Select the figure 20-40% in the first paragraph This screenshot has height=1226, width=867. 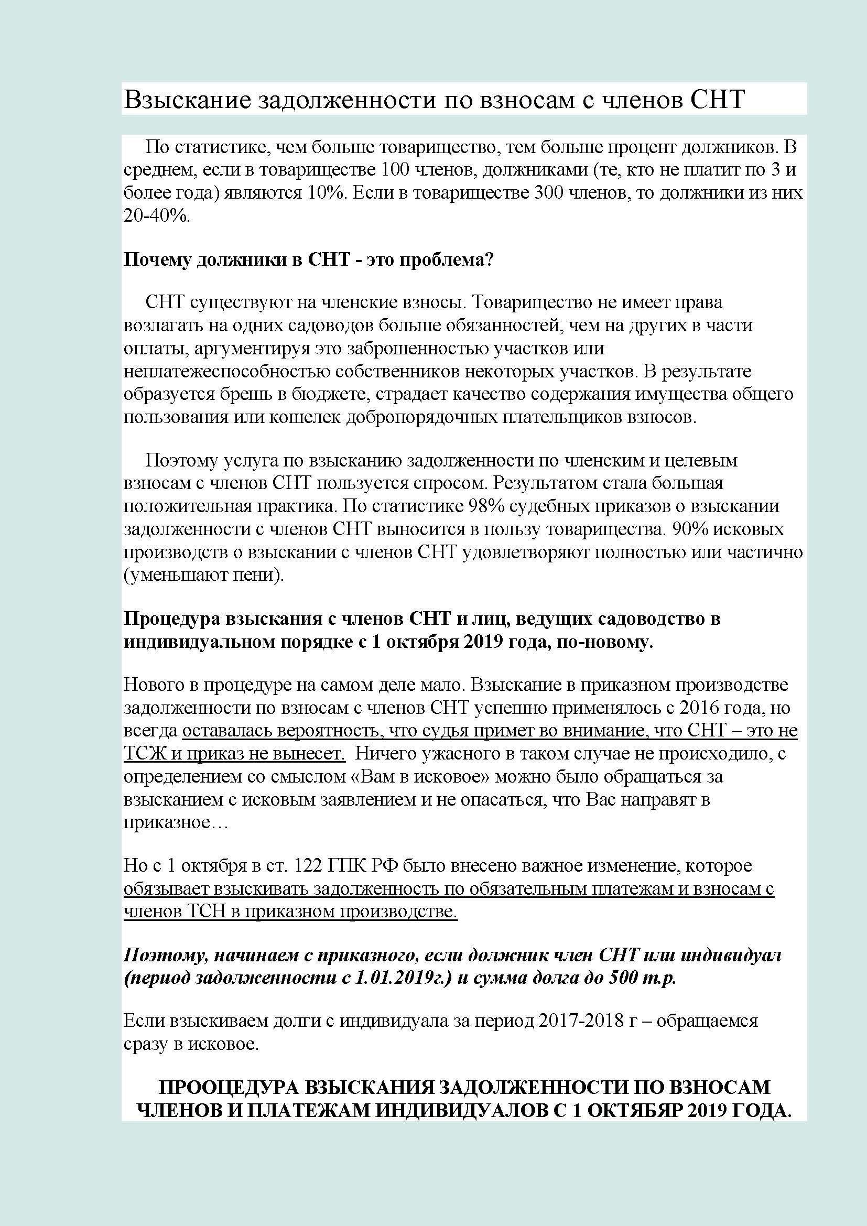(156, 216)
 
